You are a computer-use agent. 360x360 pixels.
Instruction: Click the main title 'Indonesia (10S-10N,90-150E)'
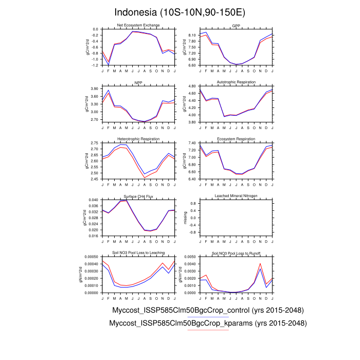click(x=179, y=11)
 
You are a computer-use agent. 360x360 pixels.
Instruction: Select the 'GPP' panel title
click(x=236, y=25)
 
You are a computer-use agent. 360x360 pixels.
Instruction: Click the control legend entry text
click(x=208, y=311)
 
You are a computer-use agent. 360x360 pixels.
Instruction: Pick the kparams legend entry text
click(x=208, y=323)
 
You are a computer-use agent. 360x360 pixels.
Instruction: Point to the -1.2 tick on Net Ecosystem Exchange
click(x=95, y=65)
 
